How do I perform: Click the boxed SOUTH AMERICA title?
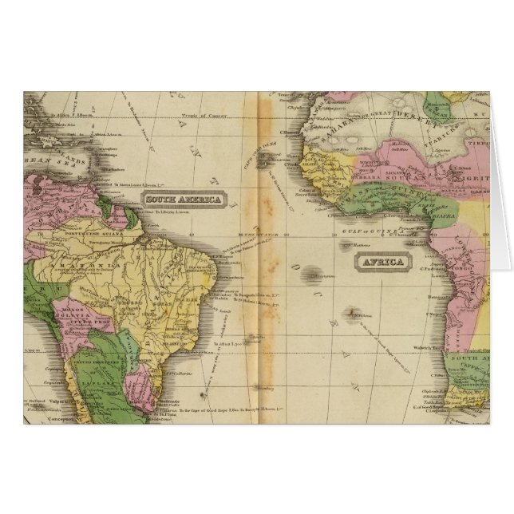pos(184,199)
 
